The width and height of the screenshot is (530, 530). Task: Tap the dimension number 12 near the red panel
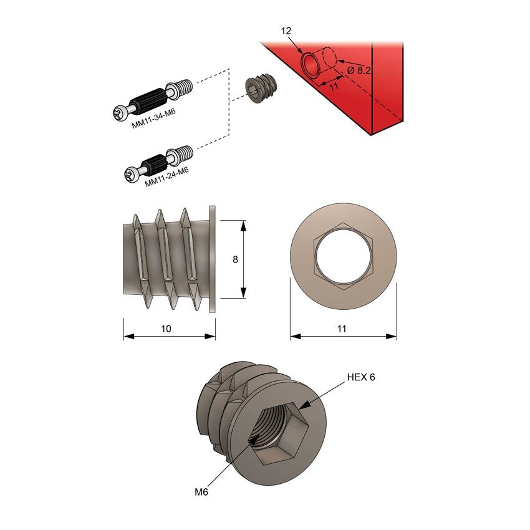pos(287,30)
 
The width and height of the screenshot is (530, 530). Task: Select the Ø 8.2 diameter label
pos(359,71)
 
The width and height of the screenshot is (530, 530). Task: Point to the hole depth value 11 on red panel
pos(334,87)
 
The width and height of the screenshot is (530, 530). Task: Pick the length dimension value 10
pos(166,328)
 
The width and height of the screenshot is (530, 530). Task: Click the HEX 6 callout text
pos(361,377)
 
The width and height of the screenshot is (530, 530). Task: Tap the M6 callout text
pos(201,492)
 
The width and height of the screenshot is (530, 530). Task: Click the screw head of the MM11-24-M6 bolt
pos(132,176)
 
